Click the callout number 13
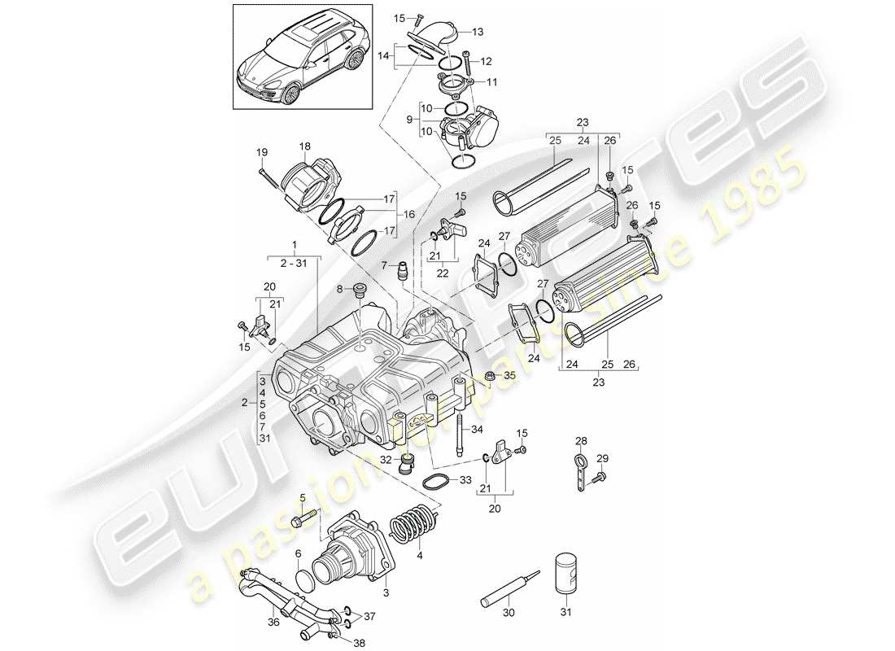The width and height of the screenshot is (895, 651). (477, 32)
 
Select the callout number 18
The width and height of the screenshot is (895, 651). (304, 146)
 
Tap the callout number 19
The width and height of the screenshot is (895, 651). (261, 152)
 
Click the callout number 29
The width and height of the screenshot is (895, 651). (603, 459)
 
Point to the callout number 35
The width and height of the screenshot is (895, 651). (510, 375)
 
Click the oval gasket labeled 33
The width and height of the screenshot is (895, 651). (438, 479)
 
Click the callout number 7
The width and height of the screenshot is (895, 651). (385, 265)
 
